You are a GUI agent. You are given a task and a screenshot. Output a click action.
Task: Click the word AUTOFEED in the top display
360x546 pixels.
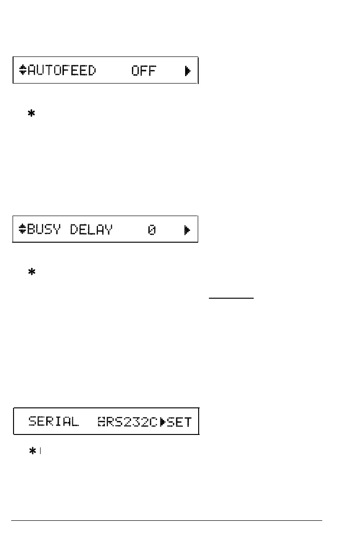[x=62, y=71]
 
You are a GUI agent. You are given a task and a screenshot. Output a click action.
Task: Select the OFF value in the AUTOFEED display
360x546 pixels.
[x=144, y=71]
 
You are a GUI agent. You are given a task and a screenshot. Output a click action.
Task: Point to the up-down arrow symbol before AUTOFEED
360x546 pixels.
[x=23, y=71]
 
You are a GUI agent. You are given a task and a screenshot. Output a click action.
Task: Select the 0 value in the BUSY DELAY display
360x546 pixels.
[x=152, y=230]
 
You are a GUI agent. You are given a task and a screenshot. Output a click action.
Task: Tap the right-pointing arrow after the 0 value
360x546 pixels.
[x=187, y=230]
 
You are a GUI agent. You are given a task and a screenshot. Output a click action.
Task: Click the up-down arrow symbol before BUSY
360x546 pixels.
[x=23, y=230]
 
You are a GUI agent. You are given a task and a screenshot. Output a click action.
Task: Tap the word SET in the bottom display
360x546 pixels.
[x=179, y=422]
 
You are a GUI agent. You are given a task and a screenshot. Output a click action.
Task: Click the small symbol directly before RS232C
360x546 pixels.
[x=102, y=422]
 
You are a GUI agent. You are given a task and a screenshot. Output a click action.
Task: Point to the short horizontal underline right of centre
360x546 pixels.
[x=231, y=296]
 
